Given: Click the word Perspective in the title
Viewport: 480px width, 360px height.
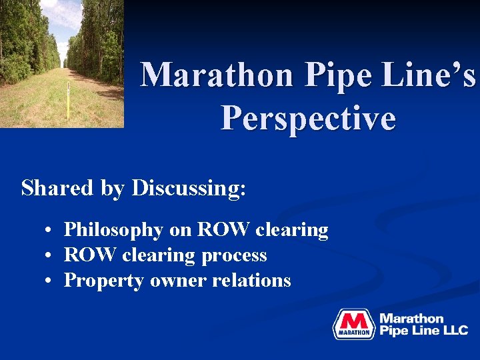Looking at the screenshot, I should point(308,119).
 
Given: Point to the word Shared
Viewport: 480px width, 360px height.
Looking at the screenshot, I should point(57,188).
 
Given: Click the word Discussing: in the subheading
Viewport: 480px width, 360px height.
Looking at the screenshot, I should point(189,188).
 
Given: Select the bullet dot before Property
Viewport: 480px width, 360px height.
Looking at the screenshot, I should point(50,281).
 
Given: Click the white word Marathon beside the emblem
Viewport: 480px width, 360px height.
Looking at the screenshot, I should point(411,319).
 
